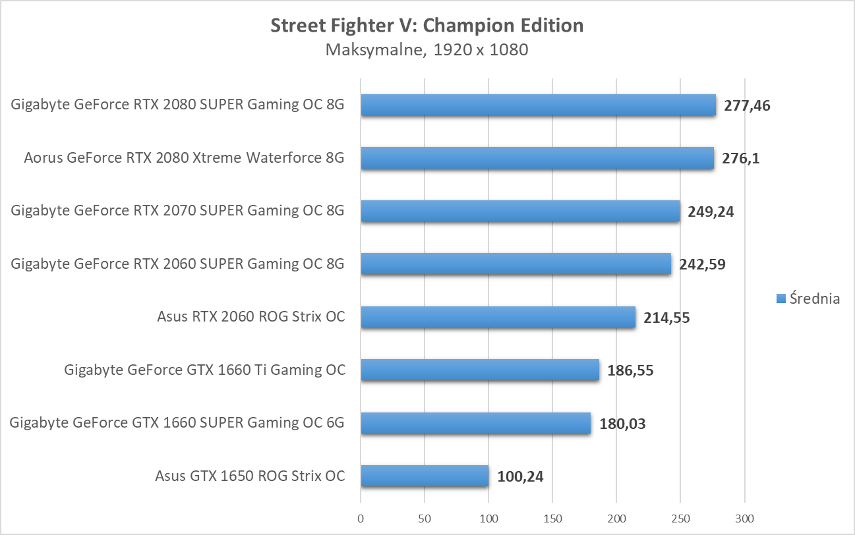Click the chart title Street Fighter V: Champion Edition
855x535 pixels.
[427, 26]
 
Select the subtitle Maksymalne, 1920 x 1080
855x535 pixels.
[427, 50]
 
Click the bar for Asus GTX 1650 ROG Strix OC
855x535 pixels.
[425, 476]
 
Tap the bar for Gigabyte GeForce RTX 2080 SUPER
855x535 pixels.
[538, 105]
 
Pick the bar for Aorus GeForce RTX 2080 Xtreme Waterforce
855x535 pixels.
[537, 158]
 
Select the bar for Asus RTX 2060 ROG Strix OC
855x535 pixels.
[498, 317]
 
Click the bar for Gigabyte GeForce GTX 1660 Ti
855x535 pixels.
[480, 370]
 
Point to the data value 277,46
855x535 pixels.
[747, 105]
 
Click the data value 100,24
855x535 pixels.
[521, 476]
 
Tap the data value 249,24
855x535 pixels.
[711, 211]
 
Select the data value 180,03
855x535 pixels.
[622, 424]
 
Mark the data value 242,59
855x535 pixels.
[703, 265]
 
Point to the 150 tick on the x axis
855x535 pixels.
[552, 519]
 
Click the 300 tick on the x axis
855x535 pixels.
[745, 519]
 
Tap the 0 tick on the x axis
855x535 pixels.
[361, 519]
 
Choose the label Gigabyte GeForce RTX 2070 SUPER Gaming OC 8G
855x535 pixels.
[178, 211]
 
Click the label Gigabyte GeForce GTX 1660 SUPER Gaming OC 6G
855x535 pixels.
[177, 422]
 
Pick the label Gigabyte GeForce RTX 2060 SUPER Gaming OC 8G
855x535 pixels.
[178, 264]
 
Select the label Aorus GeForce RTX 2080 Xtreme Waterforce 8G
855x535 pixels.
[184, 158]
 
